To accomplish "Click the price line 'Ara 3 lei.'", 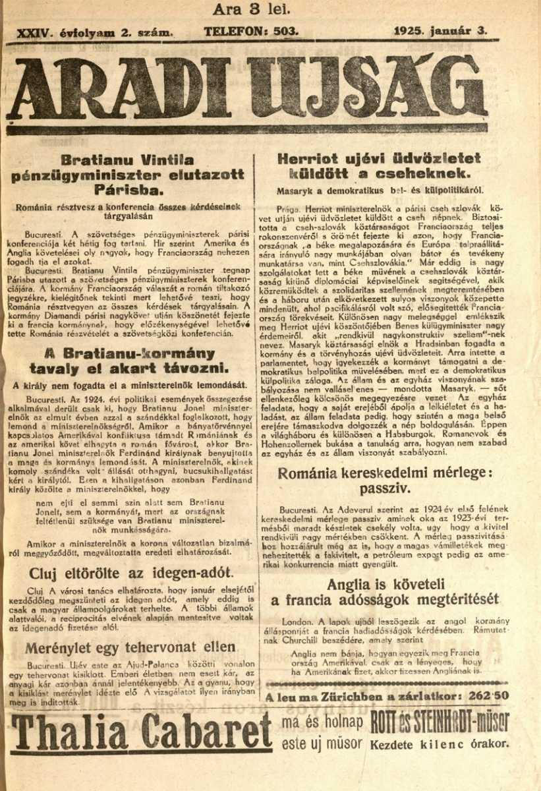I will (251, 10).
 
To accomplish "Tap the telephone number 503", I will (286, 31).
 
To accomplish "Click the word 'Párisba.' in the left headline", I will (128, 190).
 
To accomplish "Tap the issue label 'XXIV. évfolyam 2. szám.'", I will (96, 32).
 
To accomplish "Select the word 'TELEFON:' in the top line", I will (236, 31).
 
